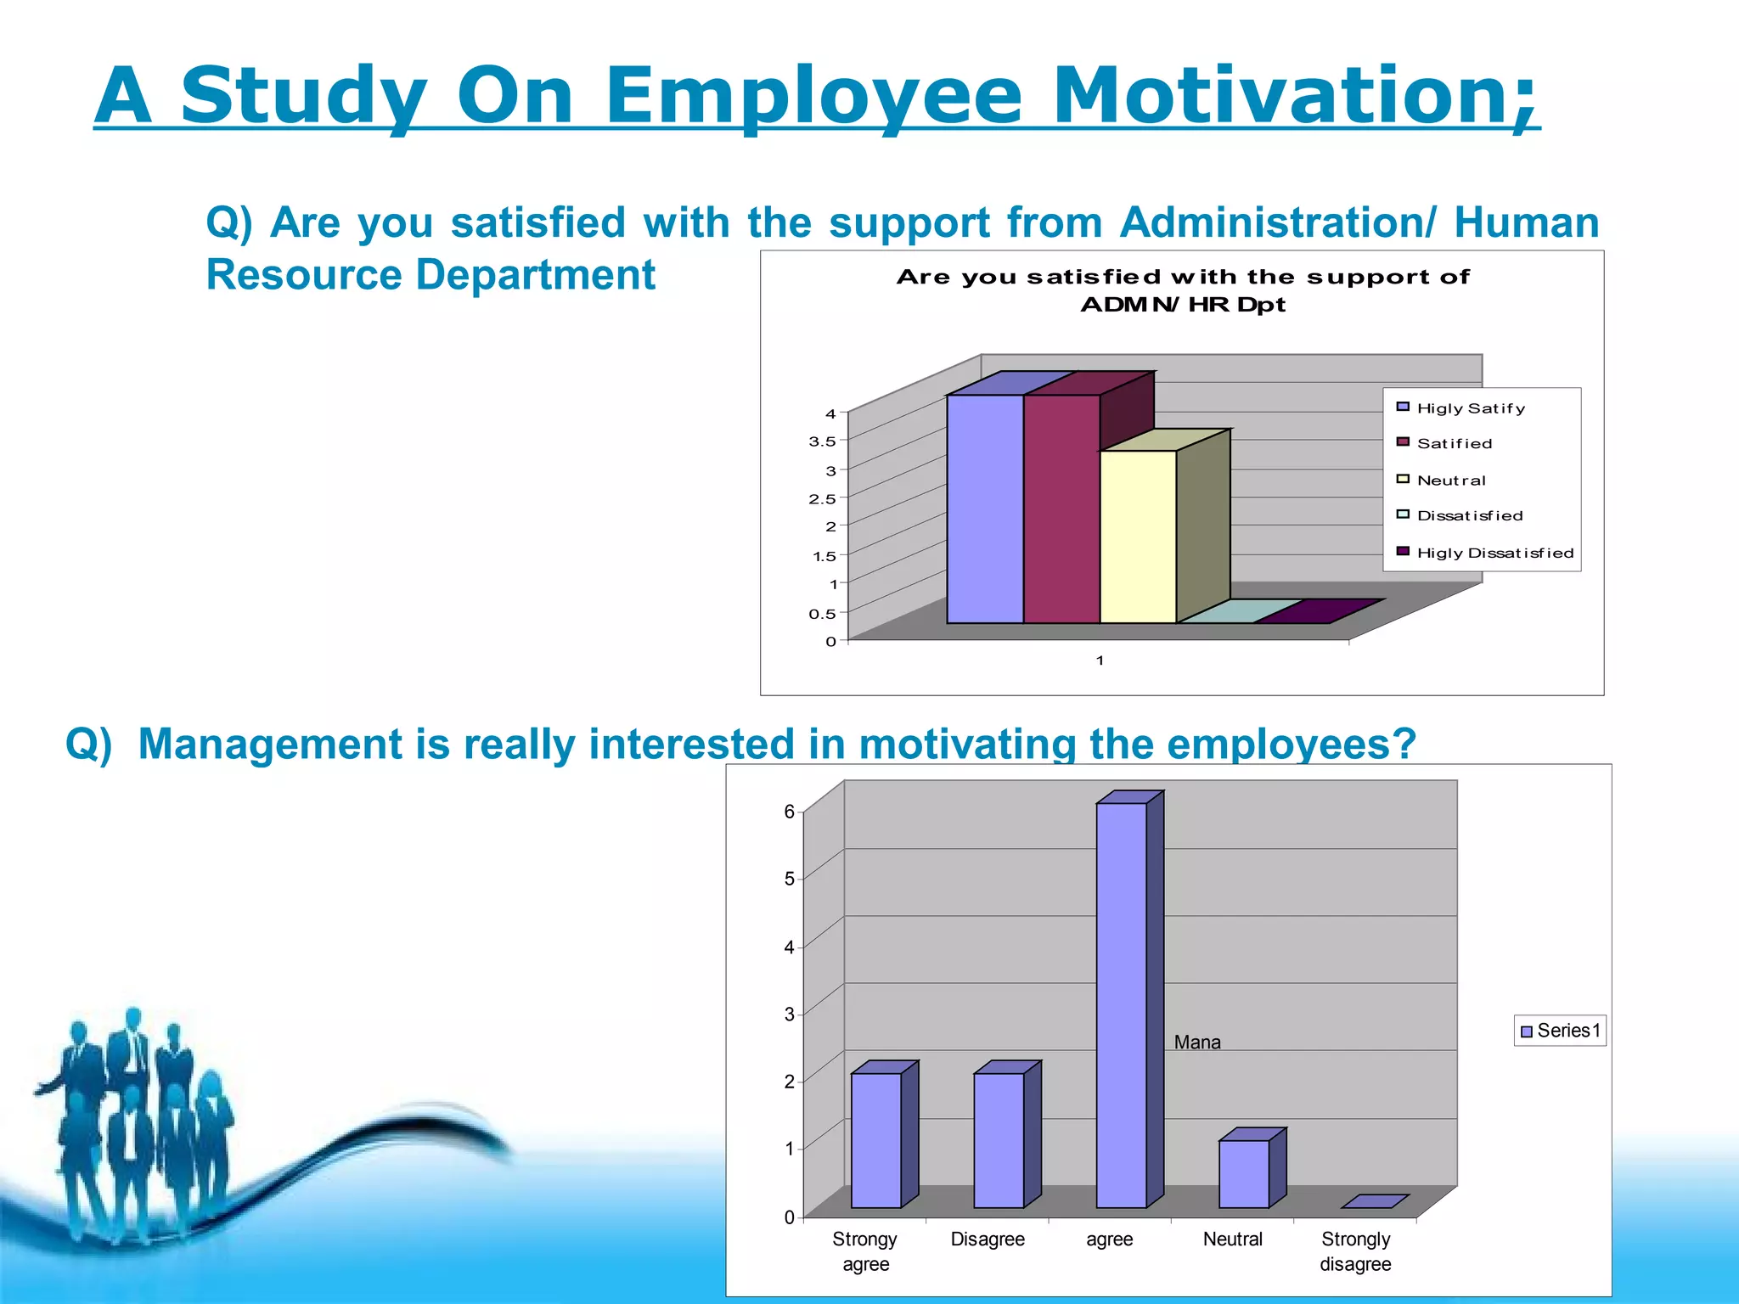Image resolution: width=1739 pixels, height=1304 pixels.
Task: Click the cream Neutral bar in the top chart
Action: click(1138, 537)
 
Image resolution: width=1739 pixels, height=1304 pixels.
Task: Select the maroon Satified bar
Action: click(1061, 509)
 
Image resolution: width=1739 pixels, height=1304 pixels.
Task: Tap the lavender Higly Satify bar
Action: click(985, 509)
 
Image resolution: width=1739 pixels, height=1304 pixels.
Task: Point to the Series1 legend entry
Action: click(1561, 1031)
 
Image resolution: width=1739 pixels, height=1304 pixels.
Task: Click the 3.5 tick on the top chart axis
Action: click(821, 441)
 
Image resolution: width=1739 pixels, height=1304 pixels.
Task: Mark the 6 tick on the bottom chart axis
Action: click(789, 812)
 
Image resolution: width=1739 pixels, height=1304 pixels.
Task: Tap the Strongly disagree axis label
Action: click(1355, 1251)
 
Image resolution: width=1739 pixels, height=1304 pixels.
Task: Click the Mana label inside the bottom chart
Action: click(1197, 1043)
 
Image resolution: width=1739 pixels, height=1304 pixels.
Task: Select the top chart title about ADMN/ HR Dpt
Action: click(1182, 290)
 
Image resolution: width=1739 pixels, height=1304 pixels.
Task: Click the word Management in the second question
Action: click(270, 744)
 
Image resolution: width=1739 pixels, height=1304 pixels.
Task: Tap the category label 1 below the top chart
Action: click(1100, 660)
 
